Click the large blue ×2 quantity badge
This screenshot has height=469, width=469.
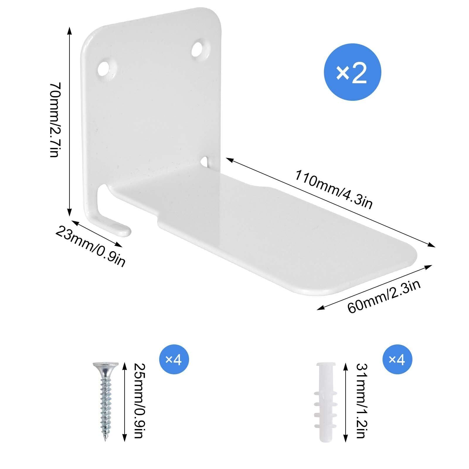pyautogui.click(x=352, y=73)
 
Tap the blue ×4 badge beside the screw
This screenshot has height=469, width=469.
pyautogui.click(x=174, y=360)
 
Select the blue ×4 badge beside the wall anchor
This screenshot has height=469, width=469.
pyautogui.click(x=397, y=360)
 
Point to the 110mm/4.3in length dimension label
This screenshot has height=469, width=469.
pyautogui.click(x=333, y=190)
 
